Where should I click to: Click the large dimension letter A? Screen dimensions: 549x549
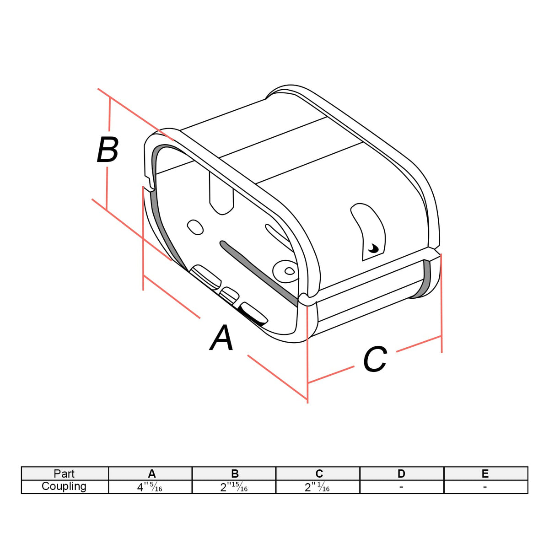(x=221, y=338)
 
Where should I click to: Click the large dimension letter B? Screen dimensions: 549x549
(x=108, y=150)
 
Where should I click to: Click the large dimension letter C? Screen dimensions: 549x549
(x=375, y=359)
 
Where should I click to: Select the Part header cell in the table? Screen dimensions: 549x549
(x=64, y=474)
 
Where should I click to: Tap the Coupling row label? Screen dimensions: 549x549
(x=64, y=486)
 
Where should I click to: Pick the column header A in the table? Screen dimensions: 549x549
(x=152, y=474)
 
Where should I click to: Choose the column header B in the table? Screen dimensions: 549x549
(x=235, y=474)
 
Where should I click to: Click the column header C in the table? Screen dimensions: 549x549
(x=319, y=474)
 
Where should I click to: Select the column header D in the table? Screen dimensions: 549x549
(x=401, y=474)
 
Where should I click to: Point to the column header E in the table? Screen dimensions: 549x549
(x=485, y=474)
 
